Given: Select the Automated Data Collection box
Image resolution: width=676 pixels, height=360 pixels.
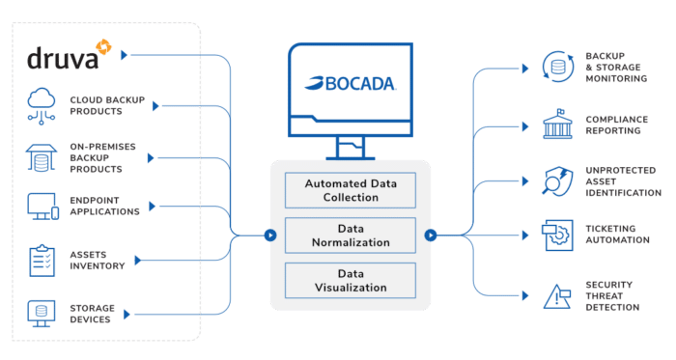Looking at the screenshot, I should point(351,190).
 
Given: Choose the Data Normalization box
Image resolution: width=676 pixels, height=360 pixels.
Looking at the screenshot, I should point(351,235).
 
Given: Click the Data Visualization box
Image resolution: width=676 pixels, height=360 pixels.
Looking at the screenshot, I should point(351,280).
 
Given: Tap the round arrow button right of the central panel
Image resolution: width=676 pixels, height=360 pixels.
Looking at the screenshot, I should point(430,234).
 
